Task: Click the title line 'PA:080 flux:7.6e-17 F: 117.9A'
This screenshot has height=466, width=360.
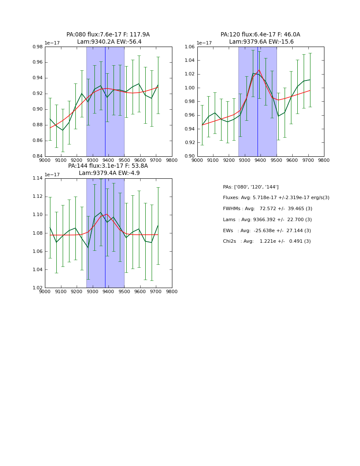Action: [108, 35]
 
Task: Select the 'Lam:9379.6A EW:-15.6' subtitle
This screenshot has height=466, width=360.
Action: [261, 42]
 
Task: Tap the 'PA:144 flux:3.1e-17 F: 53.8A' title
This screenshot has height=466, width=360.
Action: [108, 166]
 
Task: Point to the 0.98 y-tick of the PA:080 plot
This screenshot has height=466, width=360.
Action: [37, 47]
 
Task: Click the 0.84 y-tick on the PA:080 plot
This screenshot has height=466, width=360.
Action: [37, 156]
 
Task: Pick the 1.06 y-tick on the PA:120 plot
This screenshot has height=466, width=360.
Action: [190, 47]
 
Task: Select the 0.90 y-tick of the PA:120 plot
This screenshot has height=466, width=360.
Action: [190, 156]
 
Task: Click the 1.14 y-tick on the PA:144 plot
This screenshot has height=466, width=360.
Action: [37, 178]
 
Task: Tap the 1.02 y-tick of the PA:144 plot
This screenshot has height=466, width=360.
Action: [37, 288]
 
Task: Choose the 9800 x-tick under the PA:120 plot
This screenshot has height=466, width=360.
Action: [324, 161]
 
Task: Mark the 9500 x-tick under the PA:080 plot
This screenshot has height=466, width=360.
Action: [124, 161]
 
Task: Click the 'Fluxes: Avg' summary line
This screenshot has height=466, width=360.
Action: [276, 198]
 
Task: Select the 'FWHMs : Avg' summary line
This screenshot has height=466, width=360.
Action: [268, 209]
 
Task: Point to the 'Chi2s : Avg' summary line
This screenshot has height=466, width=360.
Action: [267, 241]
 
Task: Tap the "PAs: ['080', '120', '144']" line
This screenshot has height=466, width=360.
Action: [251, 187]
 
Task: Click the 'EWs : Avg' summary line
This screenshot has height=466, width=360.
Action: [267, 230]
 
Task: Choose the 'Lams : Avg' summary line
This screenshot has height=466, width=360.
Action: [267, 219]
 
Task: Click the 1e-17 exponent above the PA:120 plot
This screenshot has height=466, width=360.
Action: [205, 43]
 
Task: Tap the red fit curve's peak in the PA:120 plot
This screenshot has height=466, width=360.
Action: [259, 70]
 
